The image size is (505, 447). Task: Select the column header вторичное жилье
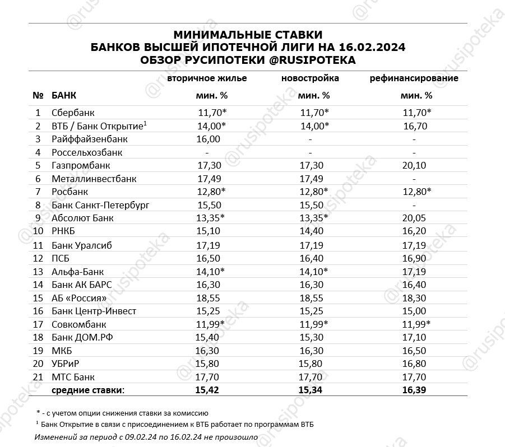click(x=207, y=78)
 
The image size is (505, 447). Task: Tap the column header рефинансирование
click(x=414, y=78)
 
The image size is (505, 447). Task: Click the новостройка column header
click(x=310, y=78)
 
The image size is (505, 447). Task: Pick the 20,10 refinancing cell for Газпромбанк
click(x=414, y=166)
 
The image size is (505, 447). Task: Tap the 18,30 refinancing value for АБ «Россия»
click(x=414, y=298)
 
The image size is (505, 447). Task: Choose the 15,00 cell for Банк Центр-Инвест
click(x=414, y=311)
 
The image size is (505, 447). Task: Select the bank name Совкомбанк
click(x=78, y=324)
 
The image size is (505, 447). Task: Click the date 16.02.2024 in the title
click(x=373, y=48)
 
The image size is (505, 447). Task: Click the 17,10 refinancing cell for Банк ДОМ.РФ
click(x=414, y=338)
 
